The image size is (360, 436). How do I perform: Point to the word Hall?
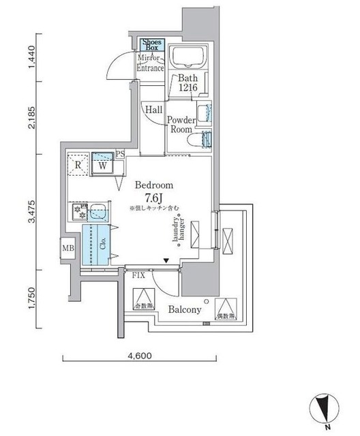(152, 110)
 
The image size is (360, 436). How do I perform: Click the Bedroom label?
(153, 185)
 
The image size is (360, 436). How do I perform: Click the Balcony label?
(185, 309)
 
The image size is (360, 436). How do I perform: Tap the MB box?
(69, 247)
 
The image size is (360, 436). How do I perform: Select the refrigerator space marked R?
(78, 164)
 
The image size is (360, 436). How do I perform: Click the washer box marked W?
(102, 164)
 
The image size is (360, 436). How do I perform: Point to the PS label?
(119, 154)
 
